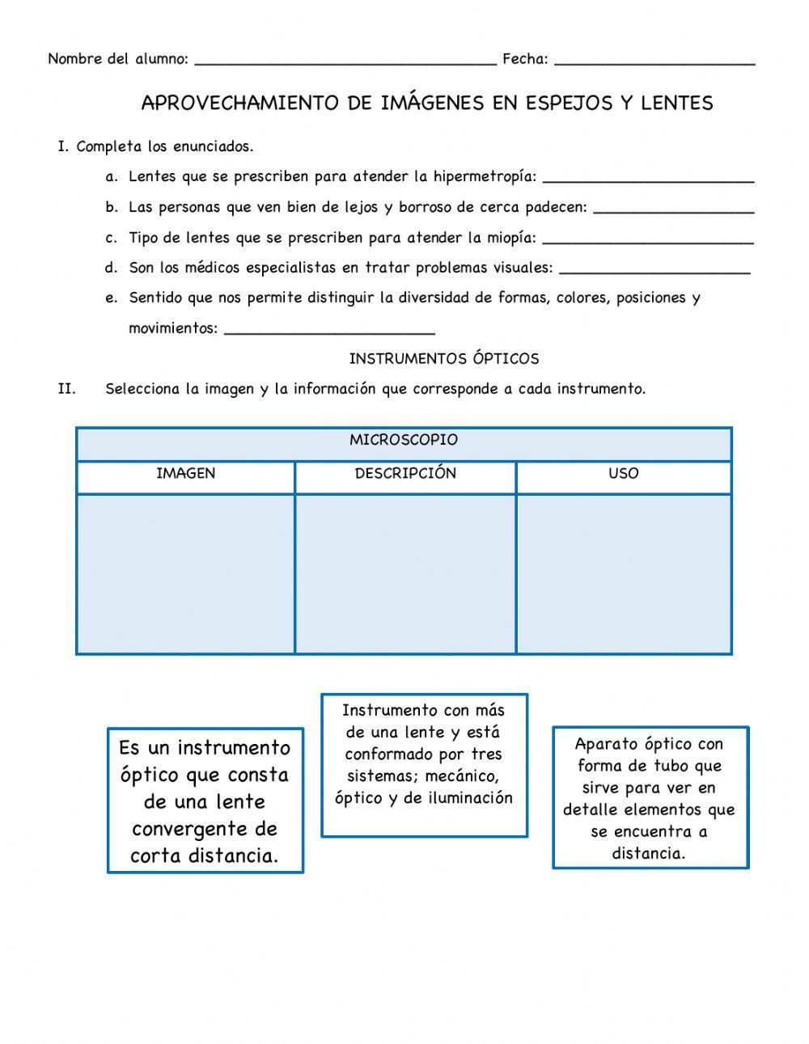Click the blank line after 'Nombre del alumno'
[x=345, y=61]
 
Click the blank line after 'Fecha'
[x=654, y=61]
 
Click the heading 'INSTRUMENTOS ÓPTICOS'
[x=443, y=358]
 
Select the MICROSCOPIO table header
[x=404, y=441]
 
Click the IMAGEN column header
[x=185, y=474]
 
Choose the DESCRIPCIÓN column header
[x=405, y=474]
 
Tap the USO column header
[x=623, y=474]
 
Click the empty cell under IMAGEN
[x=185, y=573]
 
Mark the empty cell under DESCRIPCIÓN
[x=405, y=573]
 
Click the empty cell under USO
[x=623, y=573]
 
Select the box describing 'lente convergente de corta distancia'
[x=205, y=801]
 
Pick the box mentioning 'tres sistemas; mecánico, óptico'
[x=424, y=765]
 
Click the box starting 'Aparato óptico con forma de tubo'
[x=650, y=797]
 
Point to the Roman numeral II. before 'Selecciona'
[x=66, y=389]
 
